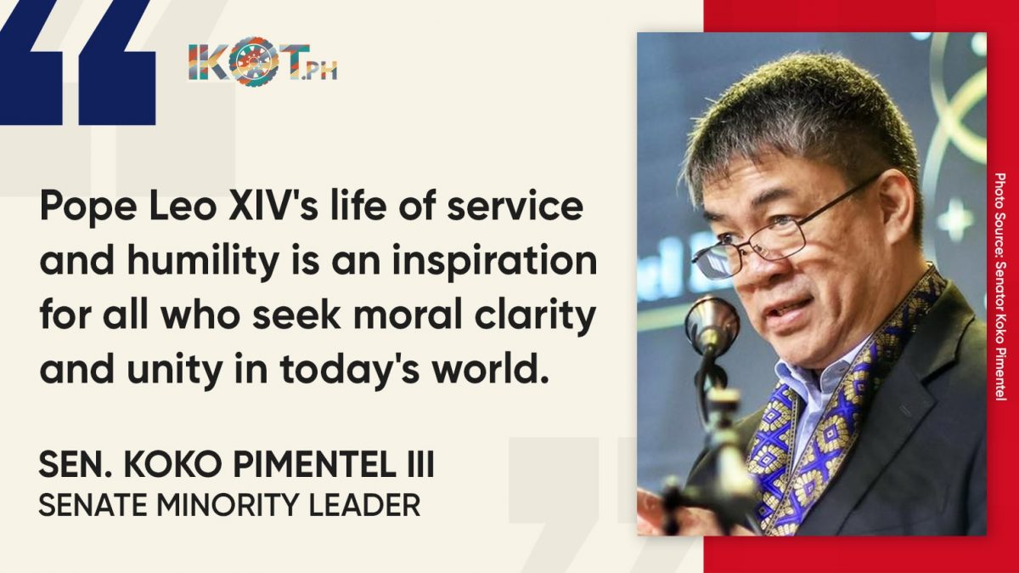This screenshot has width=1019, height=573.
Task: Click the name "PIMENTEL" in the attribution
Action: click(x=314, y=464)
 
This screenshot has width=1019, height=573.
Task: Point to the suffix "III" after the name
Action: click(x=419, y=464)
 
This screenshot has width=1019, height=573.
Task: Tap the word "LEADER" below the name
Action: click(x=364, y=505)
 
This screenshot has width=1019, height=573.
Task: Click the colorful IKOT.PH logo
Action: click(x=263, y=61)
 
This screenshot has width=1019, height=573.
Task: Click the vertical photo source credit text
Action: click(x=1000, y=286)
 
